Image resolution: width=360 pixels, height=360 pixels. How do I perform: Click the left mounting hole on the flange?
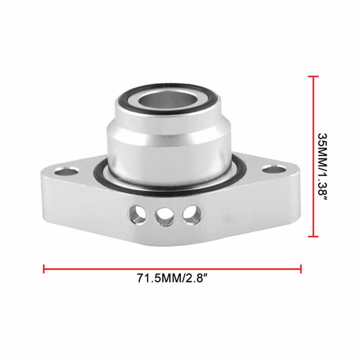click(x=66, y=171)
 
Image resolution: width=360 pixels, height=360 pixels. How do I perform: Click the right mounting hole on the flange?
click(x=274, y=169)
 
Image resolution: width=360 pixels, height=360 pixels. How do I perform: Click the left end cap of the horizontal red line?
click(x=44, y=269)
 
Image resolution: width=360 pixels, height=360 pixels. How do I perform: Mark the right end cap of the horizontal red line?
click(x=301, y=269)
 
